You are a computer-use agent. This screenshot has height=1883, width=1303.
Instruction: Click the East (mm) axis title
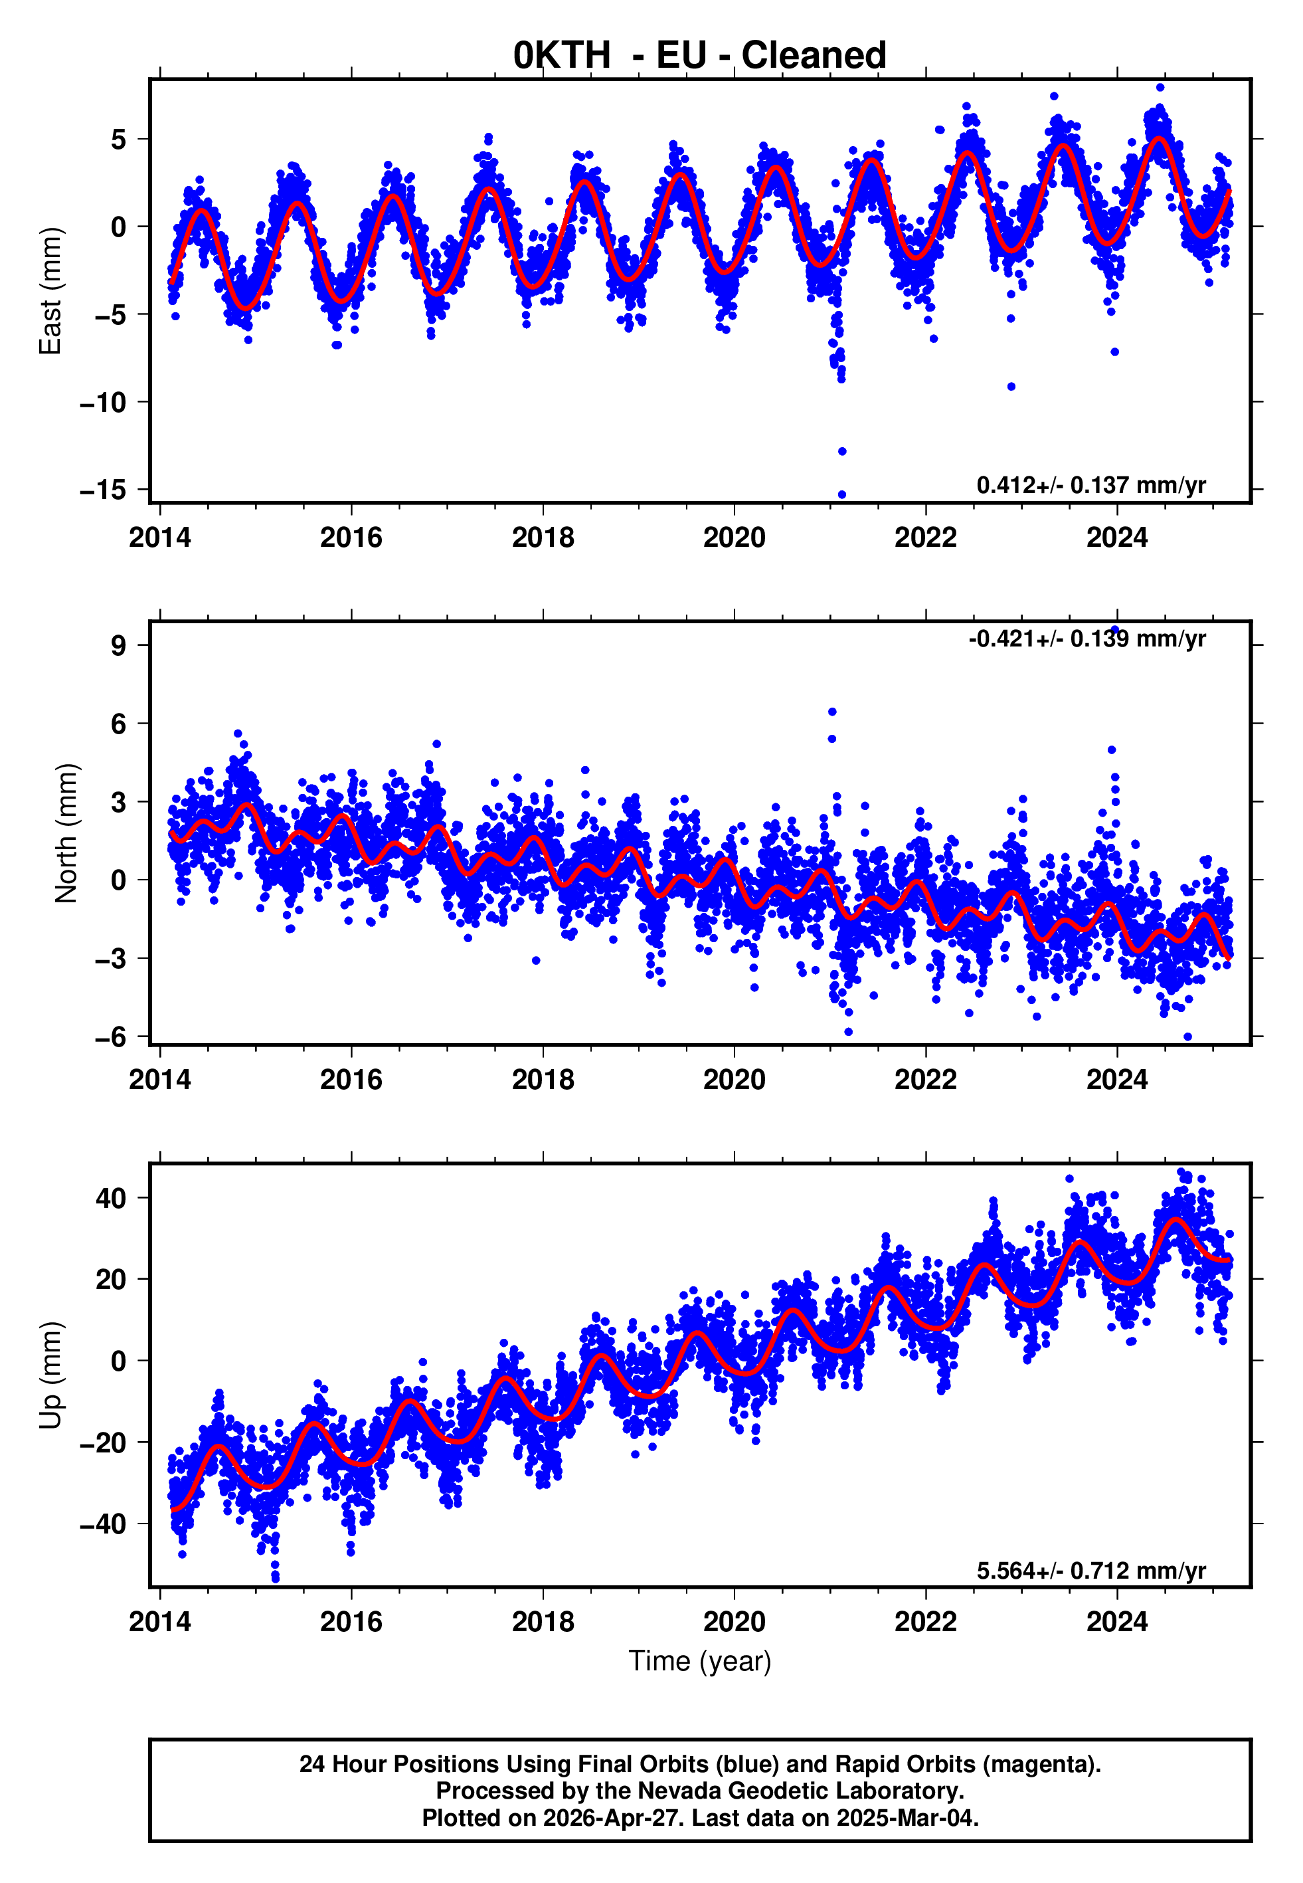pyautogui.click(x=50, y=291)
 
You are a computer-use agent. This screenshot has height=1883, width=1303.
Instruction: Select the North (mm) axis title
pyautogui.click(x=66, y=833)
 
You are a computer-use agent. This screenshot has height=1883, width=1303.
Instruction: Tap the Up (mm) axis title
pyautogui.click(x=50, y=1375)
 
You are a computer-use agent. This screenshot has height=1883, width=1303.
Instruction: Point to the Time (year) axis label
pyautogui.click(x=700, y=1661)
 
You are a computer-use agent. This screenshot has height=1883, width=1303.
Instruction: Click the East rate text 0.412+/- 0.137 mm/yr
pyautogui.click(x=1090, y=485)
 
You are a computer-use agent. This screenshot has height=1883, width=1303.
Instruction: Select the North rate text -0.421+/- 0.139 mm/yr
pyautogui.click(x=1086, y=639)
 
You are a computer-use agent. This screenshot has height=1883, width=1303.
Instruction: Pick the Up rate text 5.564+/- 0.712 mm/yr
pyautogui.click(x=1090, y=1570)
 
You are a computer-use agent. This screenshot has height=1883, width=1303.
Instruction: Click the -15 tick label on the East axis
pyautogui.click(x=103, y=490)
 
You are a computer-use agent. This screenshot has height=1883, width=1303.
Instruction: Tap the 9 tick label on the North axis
pyautogui.click(x=118, y=646)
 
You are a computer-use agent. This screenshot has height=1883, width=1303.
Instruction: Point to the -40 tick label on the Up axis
pyautogui.click(x=103, y=1524)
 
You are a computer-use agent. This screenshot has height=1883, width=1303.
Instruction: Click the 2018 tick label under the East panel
pyautogui.click(x=543, y=538)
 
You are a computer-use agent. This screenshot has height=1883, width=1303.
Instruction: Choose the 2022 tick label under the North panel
pyautogui.click(x=925, y=1080)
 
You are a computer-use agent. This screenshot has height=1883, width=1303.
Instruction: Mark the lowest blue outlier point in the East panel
pyautogui.click(x=841, y=494)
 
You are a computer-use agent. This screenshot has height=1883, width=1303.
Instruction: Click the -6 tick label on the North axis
pyautogui.click(x=110, y=1037)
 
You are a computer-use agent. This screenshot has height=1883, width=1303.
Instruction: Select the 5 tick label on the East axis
pyautogui.click(x=118, y=140)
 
